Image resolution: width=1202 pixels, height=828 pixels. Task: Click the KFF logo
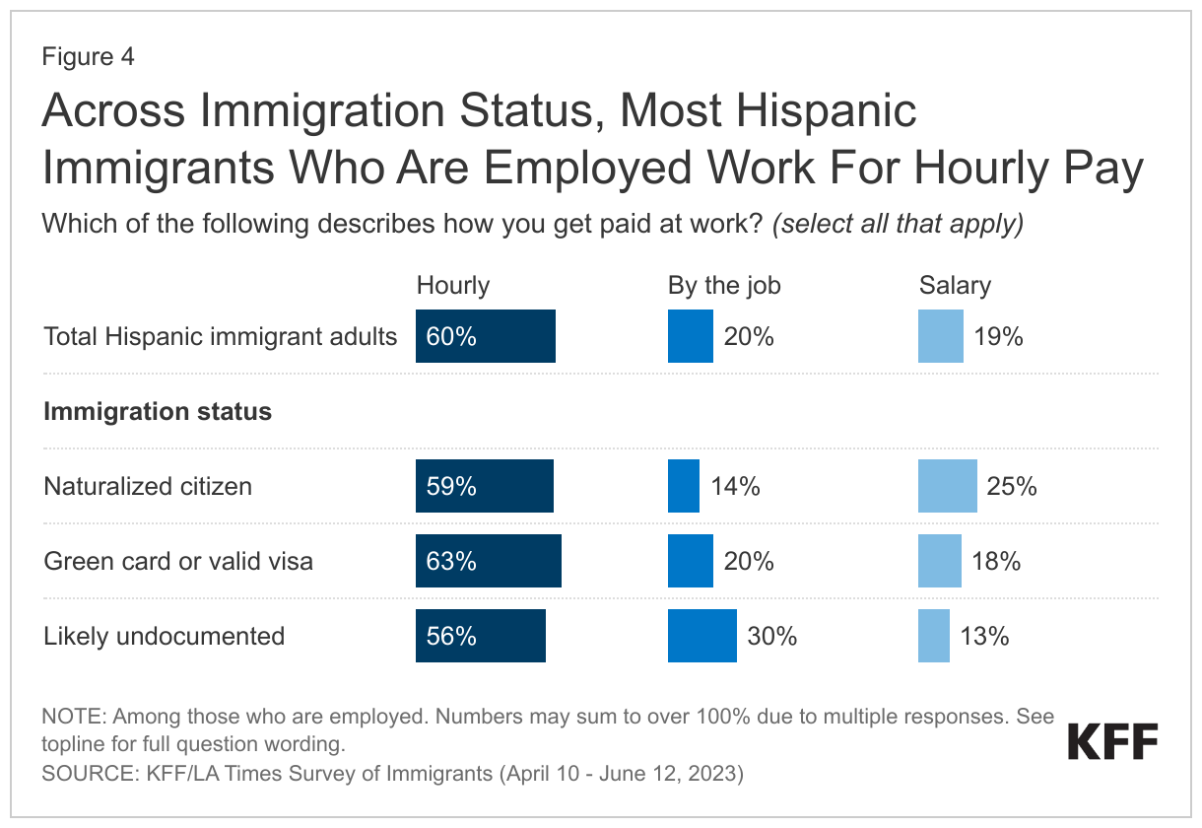tap(1112, 741)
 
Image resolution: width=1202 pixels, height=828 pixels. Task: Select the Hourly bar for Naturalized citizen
tap(485, 486)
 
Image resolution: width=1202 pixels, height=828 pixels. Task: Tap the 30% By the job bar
tap(701, 636)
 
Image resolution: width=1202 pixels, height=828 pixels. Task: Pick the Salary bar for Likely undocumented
tap(934, 636)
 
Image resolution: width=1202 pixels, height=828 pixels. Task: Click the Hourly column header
tap(453, 286)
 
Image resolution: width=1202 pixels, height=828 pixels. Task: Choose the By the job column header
tap(724, 286)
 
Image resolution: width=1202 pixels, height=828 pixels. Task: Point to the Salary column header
tap(955, 286)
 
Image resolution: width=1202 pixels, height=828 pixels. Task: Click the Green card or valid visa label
tap(178, 561)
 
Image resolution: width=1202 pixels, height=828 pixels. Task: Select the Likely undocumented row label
tap(165, 636)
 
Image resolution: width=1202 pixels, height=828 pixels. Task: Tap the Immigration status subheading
tap(158, 411)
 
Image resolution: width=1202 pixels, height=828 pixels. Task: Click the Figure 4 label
tap(88, 56)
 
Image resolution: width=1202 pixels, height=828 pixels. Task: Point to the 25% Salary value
tap(1012, 486)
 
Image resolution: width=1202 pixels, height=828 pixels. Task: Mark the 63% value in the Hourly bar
tap(452, 561)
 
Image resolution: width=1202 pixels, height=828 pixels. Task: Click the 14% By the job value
tap(735, 486)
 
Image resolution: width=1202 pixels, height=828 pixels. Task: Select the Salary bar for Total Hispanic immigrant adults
tap(940, 337)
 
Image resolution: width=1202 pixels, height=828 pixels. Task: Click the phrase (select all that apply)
tap(898, 224)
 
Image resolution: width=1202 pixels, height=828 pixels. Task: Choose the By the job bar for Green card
tap(690, 561)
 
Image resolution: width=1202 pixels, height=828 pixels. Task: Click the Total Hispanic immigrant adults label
tap(221, 337)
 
